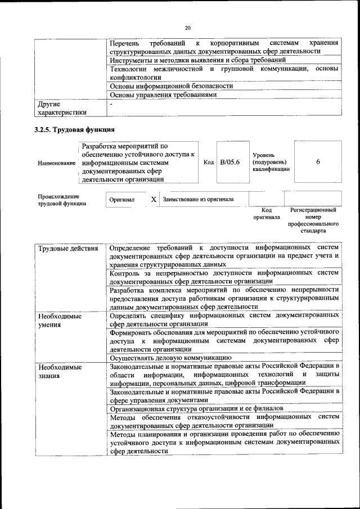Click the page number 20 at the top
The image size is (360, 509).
188,27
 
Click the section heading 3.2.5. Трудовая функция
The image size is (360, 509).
71,130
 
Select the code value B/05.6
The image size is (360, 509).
229,162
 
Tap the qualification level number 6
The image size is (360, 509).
318,162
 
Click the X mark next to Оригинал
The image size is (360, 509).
154,199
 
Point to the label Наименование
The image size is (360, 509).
56,163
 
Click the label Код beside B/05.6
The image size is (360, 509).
208,163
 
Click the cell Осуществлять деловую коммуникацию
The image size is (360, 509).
170,357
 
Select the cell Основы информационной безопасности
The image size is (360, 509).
171,86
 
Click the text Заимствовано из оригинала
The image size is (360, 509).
198,199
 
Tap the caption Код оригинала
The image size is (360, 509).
266,213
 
